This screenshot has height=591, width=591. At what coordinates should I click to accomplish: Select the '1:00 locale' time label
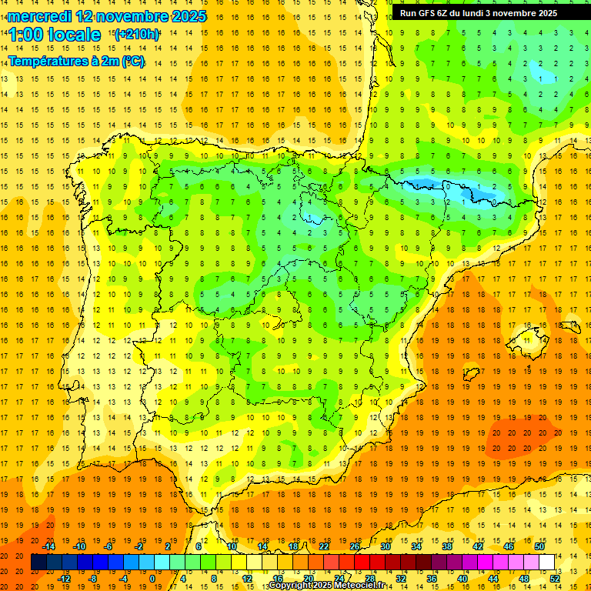[x=55, y=35]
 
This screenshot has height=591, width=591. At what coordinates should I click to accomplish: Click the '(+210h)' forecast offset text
[x=137, y=35]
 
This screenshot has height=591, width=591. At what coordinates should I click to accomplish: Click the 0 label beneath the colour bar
[x=152, y=579]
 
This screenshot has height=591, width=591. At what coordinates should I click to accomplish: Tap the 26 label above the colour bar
[x=355, y=546]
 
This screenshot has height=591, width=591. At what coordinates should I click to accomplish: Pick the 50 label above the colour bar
[x=539, y=546]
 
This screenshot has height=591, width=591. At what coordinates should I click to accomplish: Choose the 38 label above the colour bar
[x=447, y=546]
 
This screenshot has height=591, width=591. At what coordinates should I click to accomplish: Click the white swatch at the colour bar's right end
[x=546, y=563]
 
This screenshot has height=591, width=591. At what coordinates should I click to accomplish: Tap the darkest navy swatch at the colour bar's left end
[x=38, y=563]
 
